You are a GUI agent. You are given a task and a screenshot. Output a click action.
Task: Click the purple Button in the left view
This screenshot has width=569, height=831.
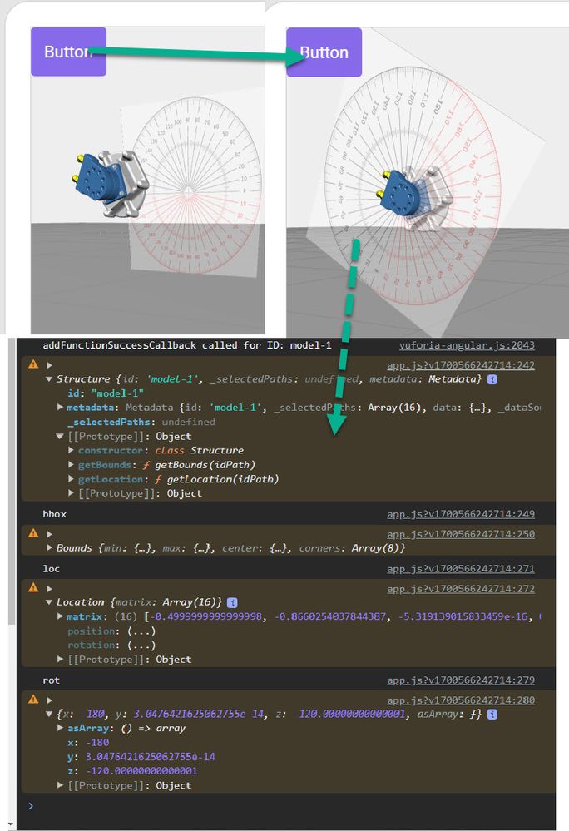pos(68,52)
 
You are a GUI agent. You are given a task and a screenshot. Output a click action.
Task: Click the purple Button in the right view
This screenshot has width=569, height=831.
pos(324,52)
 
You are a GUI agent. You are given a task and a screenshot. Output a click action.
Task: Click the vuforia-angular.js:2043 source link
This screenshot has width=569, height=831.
pos(467,345)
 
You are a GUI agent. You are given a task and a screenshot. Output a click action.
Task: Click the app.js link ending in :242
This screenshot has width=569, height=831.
pos(461,365)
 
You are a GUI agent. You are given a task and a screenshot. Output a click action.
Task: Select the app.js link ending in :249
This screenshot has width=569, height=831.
pos(461,514)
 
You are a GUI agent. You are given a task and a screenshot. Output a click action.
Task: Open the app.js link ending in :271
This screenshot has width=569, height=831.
pos(461,569)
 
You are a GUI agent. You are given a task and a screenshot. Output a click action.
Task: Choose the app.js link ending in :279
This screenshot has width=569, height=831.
pos(461,680)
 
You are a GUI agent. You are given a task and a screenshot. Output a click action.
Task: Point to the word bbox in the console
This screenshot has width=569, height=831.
pos(54,514)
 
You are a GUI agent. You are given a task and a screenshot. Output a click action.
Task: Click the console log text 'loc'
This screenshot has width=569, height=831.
pos(51,569)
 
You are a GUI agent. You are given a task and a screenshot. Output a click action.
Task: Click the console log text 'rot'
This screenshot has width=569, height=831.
pos(51,680)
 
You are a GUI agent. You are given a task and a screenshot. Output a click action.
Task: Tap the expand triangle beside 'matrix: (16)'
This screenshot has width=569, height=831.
pos(60,616)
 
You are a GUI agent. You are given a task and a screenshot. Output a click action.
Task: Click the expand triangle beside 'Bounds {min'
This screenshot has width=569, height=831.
pos(49,548)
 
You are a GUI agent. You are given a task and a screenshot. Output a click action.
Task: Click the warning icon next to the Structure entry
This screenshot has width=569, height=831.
pos(33,364)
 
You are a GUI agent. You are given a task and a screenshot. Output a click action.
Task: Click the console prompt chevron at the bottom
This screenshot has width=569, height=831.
pos(31,806)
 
